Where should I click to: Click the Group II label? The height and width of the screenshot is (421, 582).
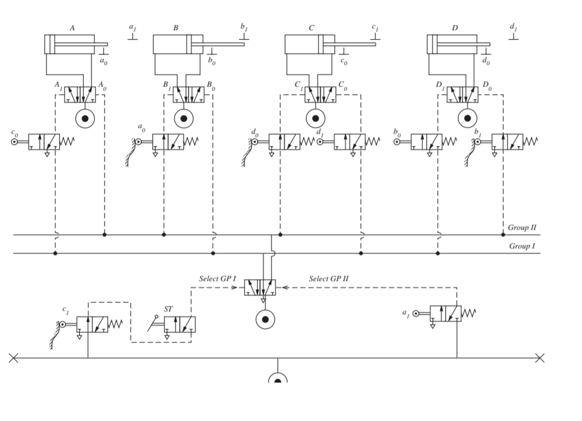tap(522, 227)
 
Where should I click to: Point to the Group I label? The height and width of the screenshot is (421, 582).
tap(522, 246)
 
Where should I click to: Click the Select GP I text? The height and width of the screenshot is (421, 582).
tap(217, 279)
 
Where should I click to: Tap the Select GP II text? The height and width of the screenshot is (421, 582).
tap(329, 279)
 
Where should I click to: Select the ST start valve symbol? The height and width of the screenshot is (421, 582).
tap(180, 324)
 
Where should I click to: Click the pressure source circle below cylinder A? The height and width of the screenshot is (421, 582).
tap(85, 119)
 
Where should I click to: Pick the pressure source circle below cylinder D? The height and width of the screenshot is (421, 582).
tap(467, 119)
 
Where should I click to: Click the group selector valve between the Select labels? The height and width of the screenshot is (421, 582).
tap(260, 287)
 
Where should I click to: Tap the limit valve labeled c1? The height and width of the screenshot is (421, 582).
tap(92, 324)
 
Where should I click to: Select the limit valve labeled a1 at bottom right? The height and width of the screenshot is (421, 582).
tap(445, 314)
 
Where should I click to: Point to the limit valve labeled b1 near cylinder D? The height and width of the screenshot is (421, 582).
tap(507, 142)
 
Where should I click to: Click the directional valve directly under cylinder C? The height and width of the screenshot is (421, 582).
tap(320, 95)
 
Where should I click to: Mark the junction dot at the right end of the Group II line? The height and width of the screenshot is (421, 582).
tap(503, 235)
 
